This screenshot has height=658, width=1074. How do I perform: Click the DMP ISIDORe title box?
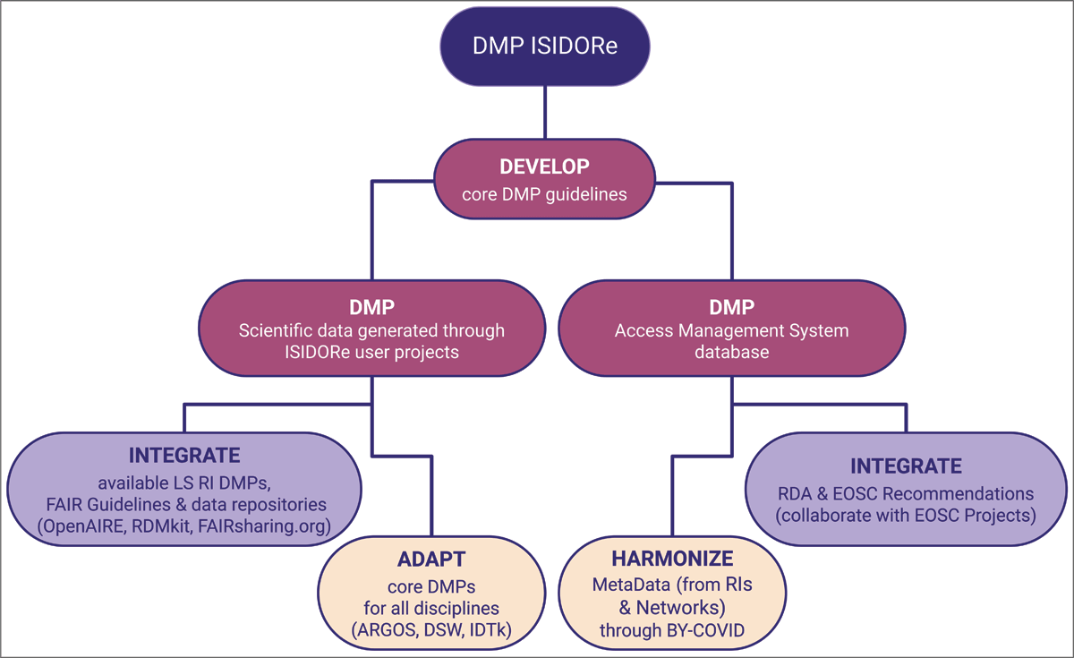tap(545, 47)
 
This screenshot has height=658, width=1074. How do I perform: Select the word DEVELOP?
tap(544, 167)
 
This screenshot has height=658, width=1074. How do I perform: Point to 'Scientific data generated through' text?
tap(371, 330)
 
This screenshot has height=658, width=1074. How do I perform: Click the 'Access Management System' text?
tap(731, 330)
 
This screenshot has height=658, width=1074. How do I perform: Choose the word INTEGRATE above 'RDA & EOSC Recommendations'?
tap(906, 466)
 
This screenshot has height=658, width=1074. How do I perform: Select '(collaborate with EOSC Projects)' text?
tap(906, 516)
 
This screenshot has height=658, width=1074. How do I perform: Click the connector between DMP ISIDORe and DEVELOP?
tap(545, 114)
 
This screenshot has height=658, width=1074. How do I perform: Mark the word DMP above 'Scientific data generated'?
tap(371, 307)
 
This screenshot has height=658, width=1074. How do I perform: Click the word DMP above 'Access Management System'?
tap(731, 307)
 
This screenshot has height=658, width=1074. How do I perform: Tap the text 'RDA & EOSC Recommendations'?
tap(906, 493)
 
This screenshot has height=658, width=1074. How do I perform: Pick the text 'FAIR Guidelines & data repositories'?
tap(184, 504)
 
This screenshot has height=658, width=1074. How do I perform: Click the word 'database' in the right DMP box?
tap(731, 353)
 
